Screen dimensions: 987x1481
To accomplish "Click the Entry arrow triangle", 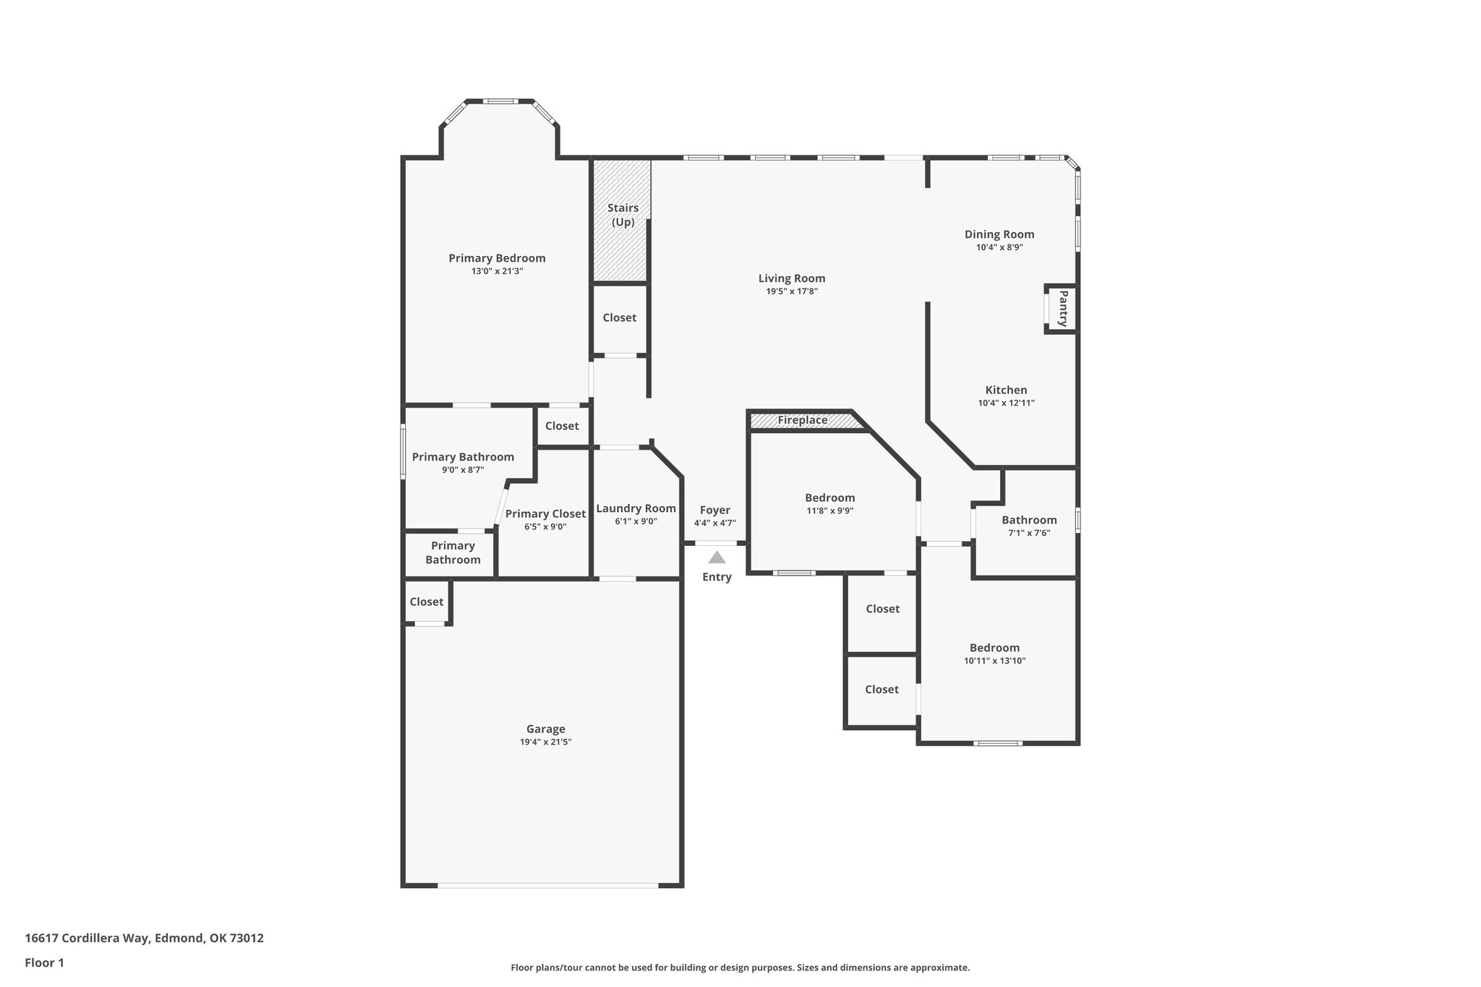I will (x=717, y=557).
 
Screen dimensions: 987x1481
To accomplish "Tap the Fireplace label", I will (x=802, y=420).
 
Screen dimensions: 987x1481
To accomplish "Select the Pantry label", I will (x=1062, y=309).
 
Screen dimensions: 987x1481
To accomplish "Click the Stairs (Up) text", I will (x=623, y=215).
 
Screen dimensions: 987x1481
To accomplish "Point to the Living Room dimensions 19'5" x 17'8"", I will (x=792, y=291).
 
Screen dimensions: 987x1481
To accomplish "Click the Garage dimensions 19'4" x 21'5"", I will (x=545, y=742).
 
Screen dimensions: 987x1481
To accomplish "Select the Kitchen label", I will (x=1006, y=390).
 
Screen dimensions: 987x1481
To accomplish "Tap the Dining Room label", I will (x=999, y=234).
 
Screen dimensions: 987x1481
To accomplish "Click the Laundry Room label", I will (x=636, y=508).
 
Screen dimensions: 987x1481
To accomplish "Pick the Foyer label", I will (x=714, y=510).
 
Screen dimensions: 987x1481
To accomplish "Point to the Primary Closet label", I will (x=545, y=513).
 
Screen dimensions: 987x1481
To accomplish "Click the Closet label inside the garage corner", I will (x=426, y=602).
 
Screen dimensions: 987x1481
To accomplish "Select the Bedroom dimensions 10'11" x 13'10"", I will (x=994, y=661).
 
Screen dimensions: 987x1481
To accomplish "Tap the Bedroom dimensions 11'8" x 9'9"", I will (x=829, y=510).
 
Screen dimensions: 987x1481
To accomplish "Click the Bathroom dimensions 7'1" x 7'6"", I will (x=1028, y=533).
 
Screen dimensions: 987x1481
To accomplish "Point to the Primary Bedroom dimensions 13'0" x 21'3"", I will (x=497, y=271).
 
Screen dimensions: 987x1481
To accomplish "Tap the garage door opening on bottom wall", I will (x=547, y=885).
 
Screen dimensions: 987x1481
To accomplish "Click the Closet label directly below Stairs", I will (x=619, y=317).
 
